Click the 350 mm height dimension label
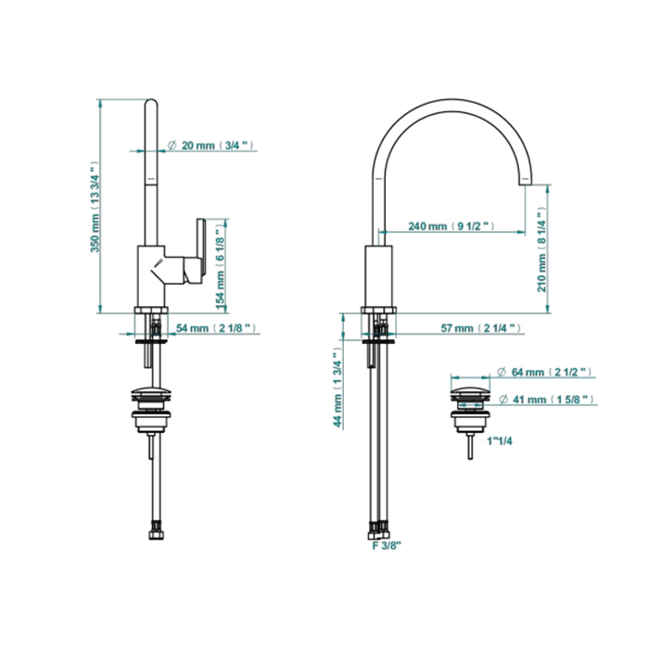[95, 207]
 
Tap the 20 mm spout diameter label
[211, 146]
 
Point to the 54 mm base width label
[216, 328]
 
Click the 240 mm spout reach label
[452, 226]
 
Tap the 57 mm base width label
[480, 328]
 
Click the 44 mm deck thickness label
[338, 388]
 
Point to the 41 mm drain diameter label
[546, 400]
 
